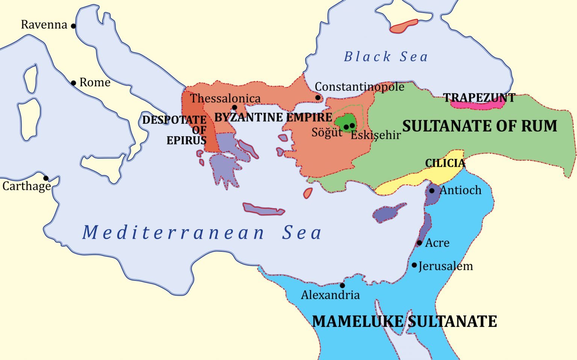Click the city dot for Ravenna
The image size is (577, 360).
[74, 26]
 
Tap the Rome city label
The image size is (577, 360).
[95, 82]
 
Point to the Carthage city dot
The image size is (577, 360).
[46, 178]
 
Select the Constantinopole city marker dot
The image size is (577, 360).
[318, 98]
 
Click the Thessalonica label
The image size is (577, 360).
[225, 98]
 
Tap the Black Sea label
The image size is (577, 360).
[386, 57]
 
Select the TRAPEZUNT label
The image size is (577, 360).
[479, 98]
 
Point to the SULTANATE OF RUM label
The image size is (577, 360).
[480, 126]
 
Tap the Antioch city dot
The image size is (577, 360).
[432, 191]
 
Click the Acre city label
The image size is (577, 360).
[437, 243]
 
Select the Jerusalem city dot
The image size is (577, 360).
[414, 265]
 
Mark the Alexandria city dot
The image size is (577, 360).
[342, 286]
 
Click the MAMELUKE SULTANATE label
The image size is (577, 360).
[405, 322]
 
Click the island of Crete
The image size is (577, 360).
[263, 210]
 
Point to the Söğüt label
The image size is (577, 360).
[327, 132]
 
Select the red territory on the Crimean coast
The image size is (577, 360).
[403, 26]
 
